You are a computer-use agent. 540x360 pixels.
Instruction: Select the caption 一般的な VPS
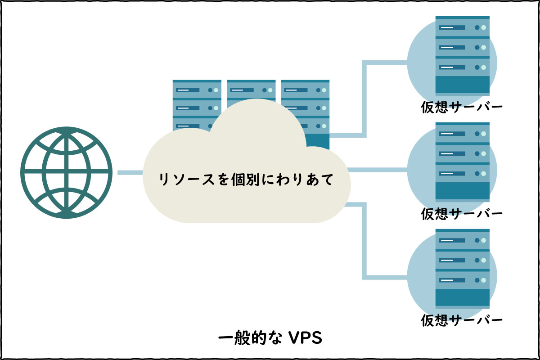[x=270, y=338]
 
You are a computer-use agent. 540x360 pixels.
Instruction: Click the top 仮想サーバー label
[x=462, y=107]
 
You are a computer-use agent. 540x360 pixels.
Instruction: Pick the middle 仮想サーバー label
[x=462, y=213]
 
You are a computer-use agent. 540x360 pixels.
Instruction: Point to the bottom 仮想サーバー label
[x=462, y=320]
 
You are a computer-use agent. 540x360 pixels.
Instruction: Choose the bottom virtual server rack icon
[x=462, y=268]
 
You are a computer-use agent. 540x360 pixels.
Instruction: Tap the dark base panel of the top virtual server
[x=462, y=85]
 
